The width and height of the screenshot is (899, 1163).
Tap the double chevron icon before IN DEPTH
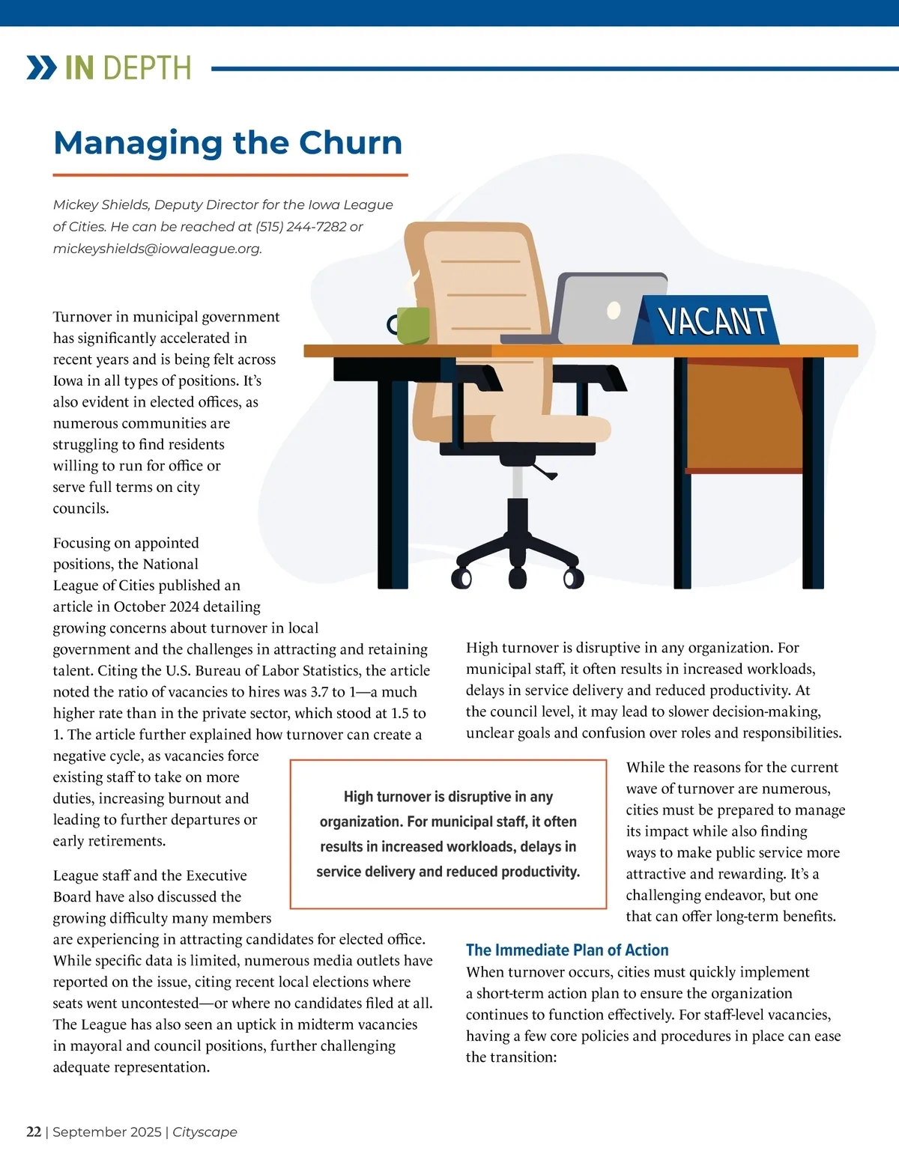41,67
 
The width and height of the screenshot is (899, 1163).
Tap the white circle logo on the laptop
614,309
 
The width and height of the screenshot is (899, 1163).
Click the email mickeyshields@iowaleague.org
157,249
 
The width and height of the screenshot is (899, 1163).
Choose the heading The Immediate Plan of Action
567,950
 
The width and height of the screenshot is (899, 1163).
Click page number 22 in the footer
34,1132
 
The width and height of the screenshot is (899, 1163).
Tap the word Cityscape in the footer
205,1132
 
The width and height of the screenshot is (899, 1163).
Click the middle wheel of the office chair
518,577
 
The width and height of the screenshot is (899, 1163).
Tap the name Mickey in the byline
72,204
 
